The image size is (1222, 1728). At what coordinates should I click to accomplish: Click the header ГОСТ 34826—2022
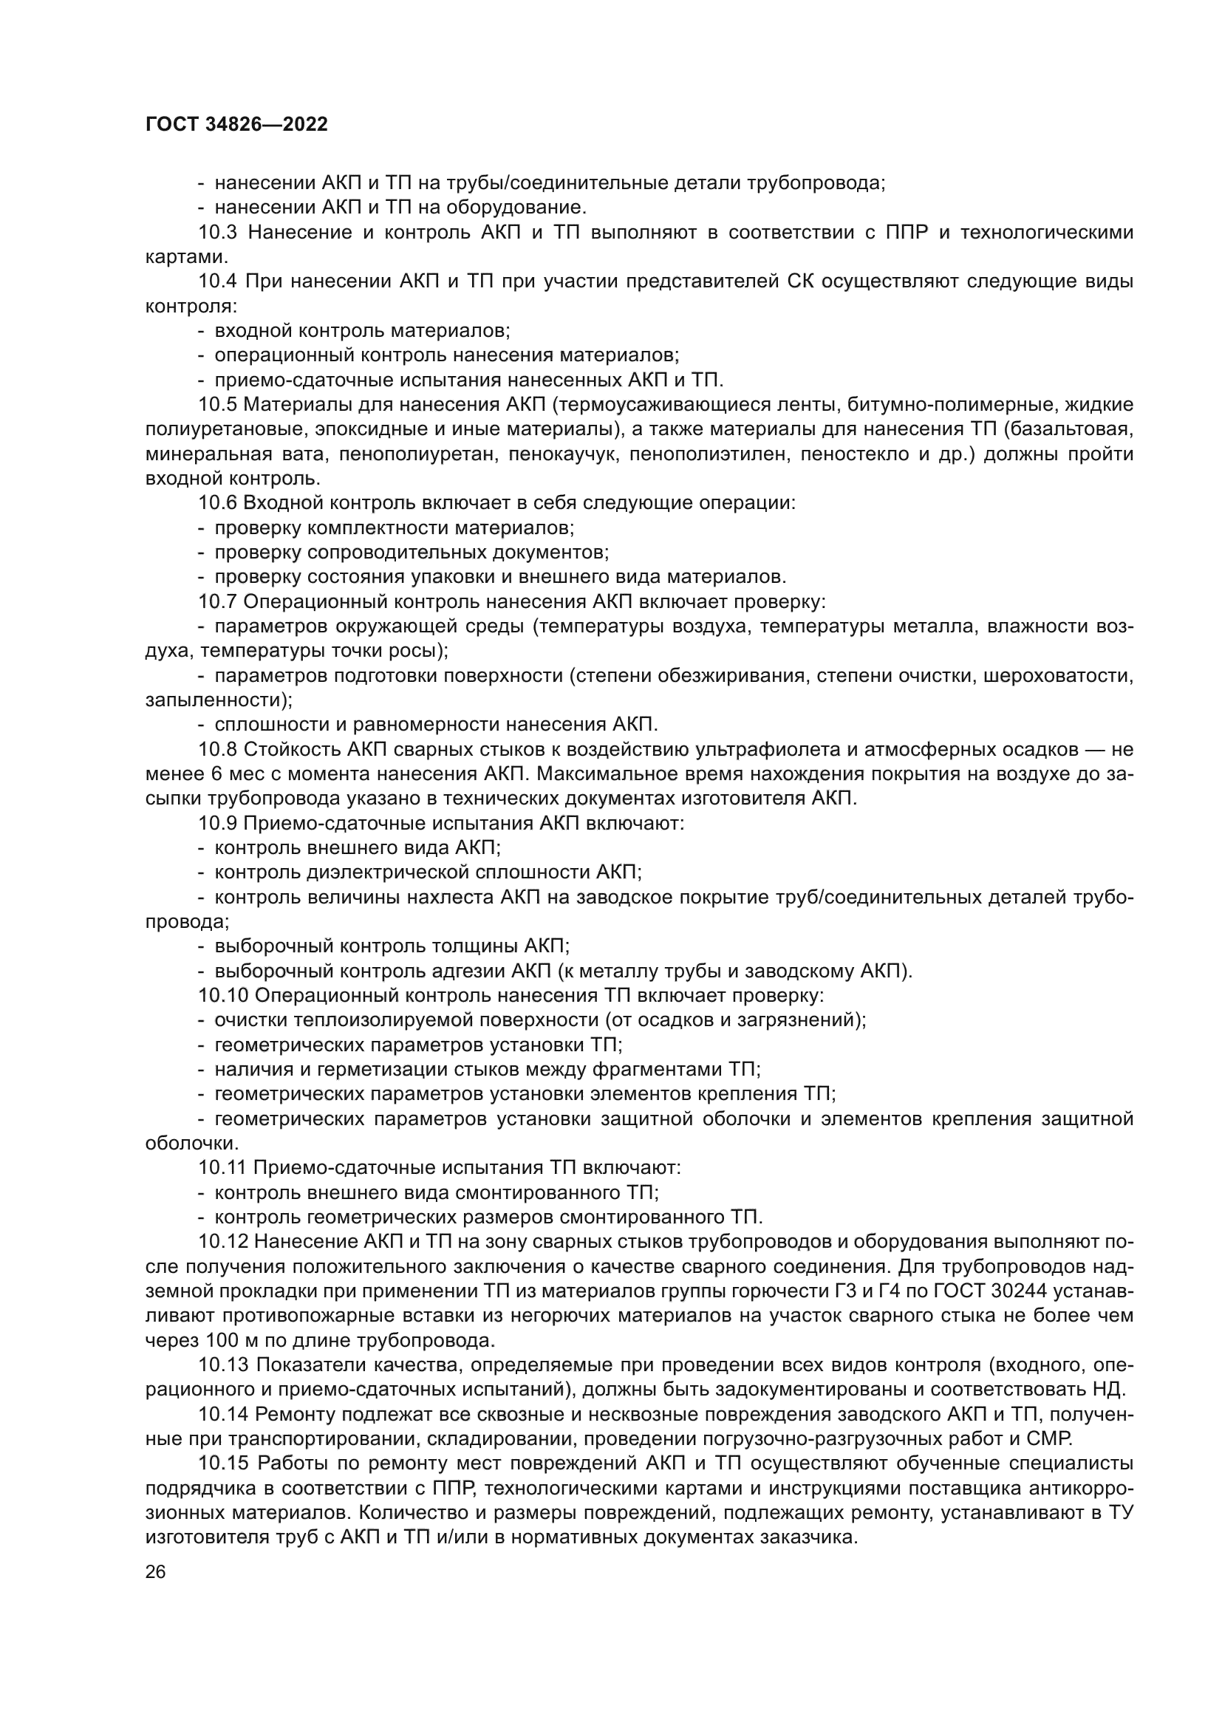(x=236, y=125)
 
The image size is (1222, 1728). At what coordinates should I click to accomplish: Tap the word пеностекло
(x=850, y=454)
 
